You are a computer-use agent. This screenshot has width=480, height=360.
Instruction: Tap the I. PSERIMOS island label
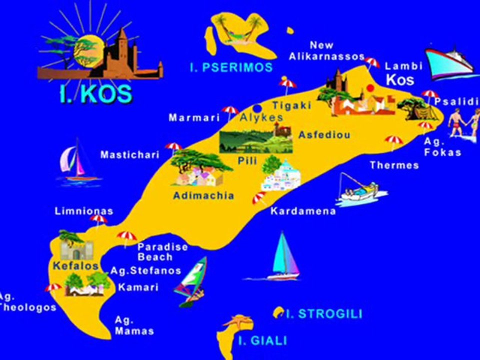coord(231,67)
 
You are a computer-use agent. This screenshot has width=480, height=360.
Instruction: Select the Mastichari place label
coord(129,155)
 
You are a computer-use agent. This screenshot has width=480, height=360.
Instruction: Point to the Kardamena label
coord(303,211)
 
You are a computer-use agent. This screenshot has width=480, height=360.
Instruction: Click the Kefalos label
coord(75,265)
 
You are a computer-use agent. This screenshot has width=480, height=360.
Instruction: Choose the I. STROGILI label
coord(323,314)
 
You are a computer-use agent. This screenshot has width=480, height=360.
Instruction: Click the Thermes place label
coord(394,165)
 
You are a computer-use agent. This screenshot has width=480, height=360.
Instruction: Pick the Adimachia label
coord(203,195)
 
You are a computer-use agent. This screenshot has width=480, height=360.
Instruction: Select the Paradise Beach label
coord(162,252)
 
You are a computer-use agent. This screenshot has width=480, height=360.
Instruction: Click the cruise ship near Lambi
coord(448,63)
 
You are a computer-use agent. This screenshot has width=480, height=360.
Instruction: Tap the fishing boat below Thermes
coord(358,190)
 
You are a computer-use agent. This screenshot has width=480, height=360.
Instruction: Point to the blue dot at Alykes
coord(257,108)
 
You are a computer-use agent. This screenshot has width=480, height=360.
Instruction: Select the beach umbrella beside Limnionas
coord(98,220)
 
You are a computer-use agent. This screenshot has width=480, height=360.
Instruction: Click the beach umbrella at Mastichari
coord(173,147)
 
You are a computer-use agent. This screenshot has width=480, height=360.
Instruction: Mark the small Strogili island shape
coord(278,312)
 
